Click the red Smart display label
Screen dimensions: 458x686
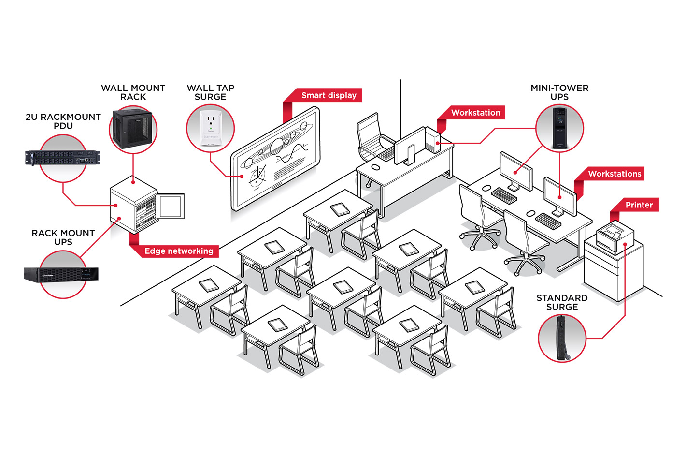click(329, 96)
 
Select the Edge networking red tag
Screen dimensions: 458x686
click(179, 251)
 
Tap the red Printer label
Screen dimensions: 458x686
click(638, 205)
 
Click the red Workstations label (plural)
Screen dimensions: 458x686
click(614, 174)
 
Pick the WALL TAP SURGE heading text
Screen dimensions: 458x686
click(210, 92)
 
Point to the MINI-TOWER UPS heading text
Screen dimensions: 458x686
click(559, 92)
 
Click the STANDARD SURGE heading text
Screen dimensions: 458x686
click(562, 303)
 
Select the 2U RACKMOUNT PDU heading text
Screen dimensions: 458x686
click(63, 121)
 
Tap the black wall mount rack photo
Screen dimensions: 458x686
click(133, 128)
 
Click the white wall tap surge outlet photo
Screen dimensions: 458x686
click(210, 128)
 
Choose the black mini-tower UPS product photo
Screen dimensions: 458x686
click(559, 128)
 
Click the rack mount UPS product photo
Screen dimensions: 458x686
click(61, 275)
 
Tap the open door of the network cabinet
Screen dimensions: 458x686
click(171, 206)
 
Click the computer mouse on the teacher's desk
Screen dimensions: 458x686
click(375, 167)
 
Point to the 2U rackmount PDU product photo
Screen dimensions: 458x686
click(63, 158)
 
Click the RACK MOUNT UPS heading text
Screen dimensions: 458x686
click(63, 237)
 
